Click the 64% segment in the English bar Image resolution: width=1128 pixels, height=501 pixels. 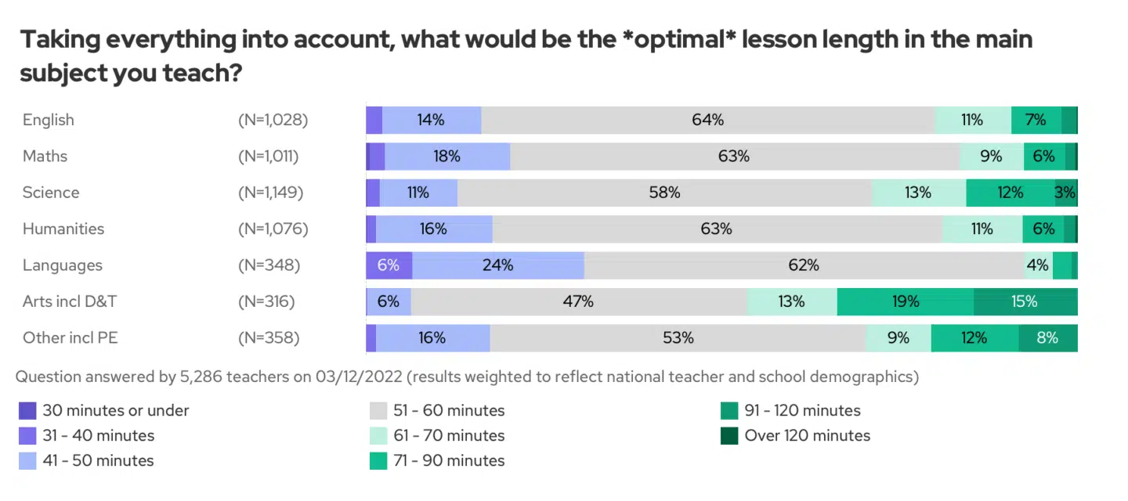point(708,120)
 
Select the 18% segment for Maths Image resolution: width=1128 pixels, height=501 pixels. point(446,156)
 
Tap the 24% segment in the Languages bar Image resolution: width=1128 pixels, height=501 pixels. point(497,265)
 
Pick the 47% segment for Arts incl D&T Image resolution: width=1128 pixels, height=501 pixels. point(578,301)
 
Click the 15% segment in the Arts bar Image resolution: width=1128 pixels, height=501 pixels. point(1025,301)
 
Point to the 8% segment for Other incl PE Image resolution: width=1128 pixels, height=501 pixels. point(1047,338)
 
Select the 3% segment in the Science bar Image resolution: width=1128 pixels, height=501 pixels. point(1065,193)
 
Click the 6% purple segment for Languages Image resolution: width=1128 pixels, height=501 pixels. point(389,265)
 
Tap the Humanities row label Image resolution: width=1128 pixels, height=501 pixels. point(63,229)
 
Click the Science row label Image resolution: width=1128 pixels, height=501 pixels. point(51,193)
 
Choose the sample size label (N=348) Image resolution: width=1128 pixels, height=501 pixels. point(269,265)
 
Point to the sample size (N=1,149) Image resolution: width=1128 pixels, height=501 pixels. point(270,193)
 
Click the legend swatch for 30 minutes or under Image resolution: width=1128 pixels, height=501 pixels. point(27,410)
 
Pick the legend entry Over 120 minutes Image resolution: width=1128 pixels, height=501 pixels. point(807,435)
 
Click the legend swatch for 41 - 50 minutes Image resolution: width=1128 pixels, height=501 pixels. point(27,460)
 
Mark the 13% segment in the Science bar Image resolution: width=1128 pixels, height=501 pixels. point(917,193)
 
